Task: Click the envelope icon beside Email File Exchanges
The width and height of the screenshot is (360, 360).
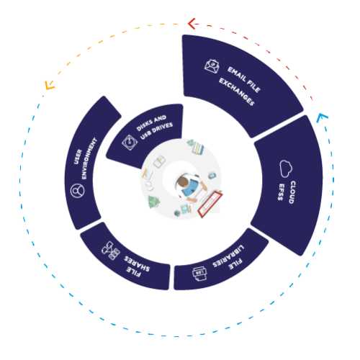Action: [212, 66]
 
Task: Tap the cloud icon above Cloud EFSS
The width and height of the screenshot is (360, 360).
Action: [286, 168]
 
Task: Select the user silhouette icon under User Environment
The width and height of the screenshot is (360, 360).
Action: [78, 191]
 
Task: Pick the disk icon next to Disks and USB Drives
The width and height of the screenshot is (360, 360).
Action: [130, 143]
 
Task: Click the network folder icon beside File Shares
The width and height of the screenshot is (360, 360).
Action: [111, 251]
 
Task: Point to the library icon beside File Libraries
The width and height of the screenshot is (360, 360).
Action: [199, 274]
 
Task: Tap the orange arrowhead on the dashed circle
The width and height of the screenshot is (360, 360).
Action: [50, 85]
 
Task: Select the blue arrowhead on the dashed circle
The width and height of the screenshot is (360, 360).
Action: [322, 117]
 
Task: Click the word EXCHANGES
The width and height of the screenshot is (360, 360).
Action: [236, 91]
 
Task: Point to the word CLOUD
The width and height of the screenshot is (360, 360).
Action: [292, 192]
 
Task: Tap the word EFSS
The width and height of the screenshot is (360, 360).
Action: [282, 192]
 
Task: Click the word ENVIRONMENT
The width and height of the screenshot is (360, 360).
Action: [89, 158]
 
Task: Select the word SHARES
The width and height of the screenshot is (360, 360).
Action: [137, 264]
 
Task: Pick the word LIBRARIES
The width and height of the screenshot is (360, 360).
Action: [228, 256]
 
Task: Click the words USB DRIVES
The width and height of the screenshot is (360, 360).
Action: [156, 131]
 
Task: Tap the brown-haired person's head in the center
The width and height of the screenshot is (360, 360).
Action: [182, 182]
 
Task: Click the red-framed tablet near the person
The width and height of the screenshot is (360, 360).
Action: [210, 204]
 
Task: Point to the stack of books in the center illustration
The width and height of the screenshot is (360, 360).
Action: [198, 148]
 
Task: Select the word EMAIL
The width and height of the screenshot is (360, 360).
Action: [237, 74]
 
